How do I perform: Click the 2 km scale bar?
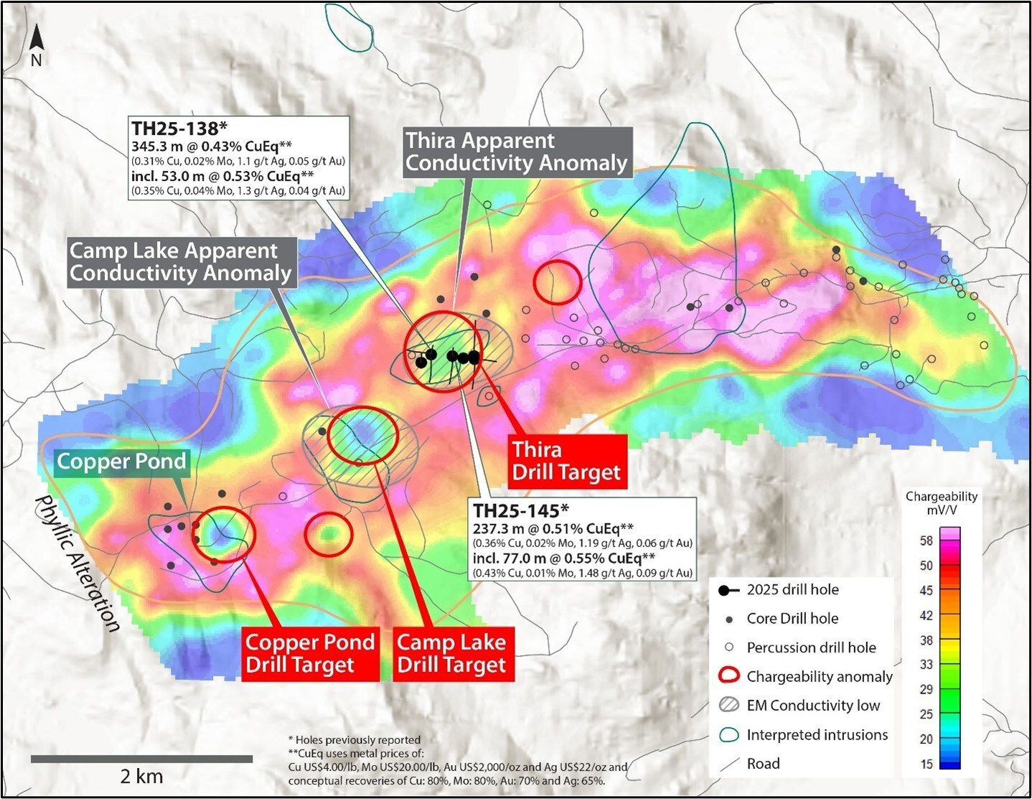pyautogui.click(x=141, y=759)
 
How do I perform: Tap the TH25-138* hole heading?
pyautogui.click(x=179, y=129)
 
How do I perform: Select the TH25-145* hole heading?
pyautogui.click(x=520, y=511)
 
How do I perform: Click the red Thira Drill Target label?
pyautogui.click(x=566, y=461)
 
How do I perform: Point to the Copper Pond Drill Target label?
pyautogui.click(x=310, y=653)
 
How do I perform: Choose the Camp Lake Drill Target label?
pyautogui.click(x=451, y=653)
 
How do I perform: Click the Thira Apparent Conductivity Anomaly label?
pyautogui.click(x=516, y=151)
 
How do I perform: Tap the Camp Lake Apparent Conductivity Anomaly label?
pyautogui.click(x=180, y=262)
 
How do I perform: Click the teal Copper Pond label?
pyautogui.click(x=121, y=462)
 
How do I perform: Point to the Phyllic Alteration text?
pyautogui.click(x=77, y=564)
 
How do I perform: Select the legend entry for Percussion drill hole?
pyautogui.click(x=811, y=648)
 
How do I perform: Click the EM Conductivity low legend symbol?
pyautogui.click(x=729, y=706)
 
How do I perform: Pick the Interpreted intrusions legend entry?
pyautogui.click(x=817, y=734)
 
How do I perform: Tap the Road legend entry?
pyautogui.click(x=763, y=764)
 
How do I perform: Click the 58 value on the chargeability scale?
pyautogui.click(x=927, y=541)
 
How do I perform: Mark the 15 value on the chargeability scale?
pyautogui.click(x=927, y=764)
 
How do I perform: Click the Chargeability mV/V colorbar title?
pyautogui.click(x=941, y=503)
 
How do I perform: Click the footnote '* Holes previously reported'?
pyautogui.click(x=354, y=739)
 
